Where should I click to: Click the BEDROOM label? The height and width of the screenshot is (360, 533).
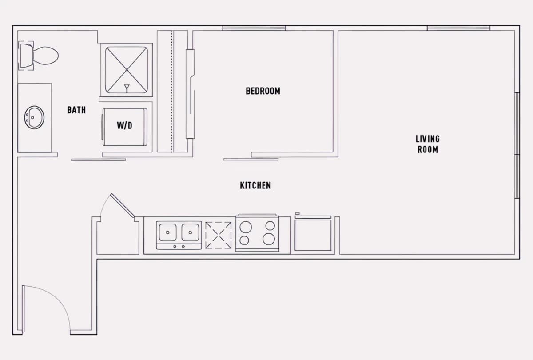pos(263,91)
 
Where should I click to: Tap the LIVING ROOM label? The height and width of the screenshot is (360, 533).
pos(428,144)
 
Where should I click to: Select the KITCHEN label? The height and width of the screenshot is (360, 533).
pos(255,185)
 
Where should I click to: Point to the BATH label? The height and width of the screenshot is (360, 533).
pos(76,110)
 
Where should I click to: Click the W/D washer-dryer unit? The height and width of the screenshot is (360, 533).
pos(125,127)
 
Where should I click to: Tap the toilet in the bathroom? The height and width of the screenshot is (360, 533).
pos(39,56)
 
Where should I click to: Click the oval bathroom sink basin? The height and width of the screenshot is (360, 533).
pos(34,117)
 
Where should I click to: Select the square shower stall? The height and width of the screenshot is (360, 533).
pos(126,70)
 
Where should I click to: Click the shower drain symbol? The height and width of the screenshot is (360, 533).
pos(127,88)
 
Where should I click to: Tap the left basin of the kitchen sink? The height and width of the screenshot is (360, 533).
pos(167,232)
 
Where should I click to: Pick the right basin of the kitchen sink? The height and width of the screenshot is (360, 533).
pos(190,232)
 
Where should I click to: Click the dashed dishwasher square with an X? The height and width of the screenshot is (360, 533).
pos(218,235)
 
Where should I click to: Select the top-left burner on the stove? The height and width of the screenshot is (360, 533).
pos(246,227)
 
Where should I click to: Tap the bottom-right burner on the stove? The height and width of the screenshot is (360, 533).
pos(269,239)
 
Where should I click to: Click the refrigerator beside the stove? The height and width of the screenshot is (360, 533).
pos(313,233)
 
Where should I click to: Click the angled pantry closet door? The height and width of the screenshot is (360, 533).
pos(122,205)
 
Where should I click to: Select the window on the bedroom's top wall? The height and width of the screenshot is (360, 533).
pos(254,28)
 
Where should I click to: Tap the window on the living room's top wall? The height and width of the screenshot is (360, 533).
pos(458,28)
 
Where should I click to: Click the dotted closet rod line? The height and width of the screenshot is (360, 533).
pos(172,92)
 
